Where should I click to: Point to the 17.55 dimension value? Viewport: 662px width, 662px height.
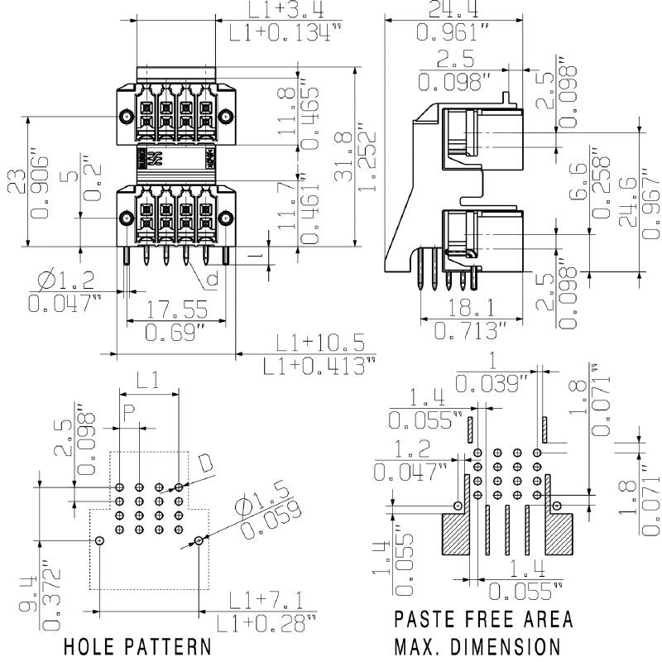pos(175,311)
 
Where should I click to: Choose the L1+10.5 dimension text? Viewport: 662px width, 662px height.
pos(319,342)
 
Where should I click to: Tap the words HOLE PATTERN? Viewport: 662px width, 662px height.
pos(136,645)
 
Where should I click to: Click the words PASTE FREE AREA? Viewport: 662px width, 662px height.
pos(482,619)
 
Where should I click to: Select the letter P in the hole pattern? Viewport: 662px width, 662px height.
pos(128,411)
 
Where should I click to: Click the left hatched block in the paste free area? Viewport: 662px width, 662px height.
pos(460,534)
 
